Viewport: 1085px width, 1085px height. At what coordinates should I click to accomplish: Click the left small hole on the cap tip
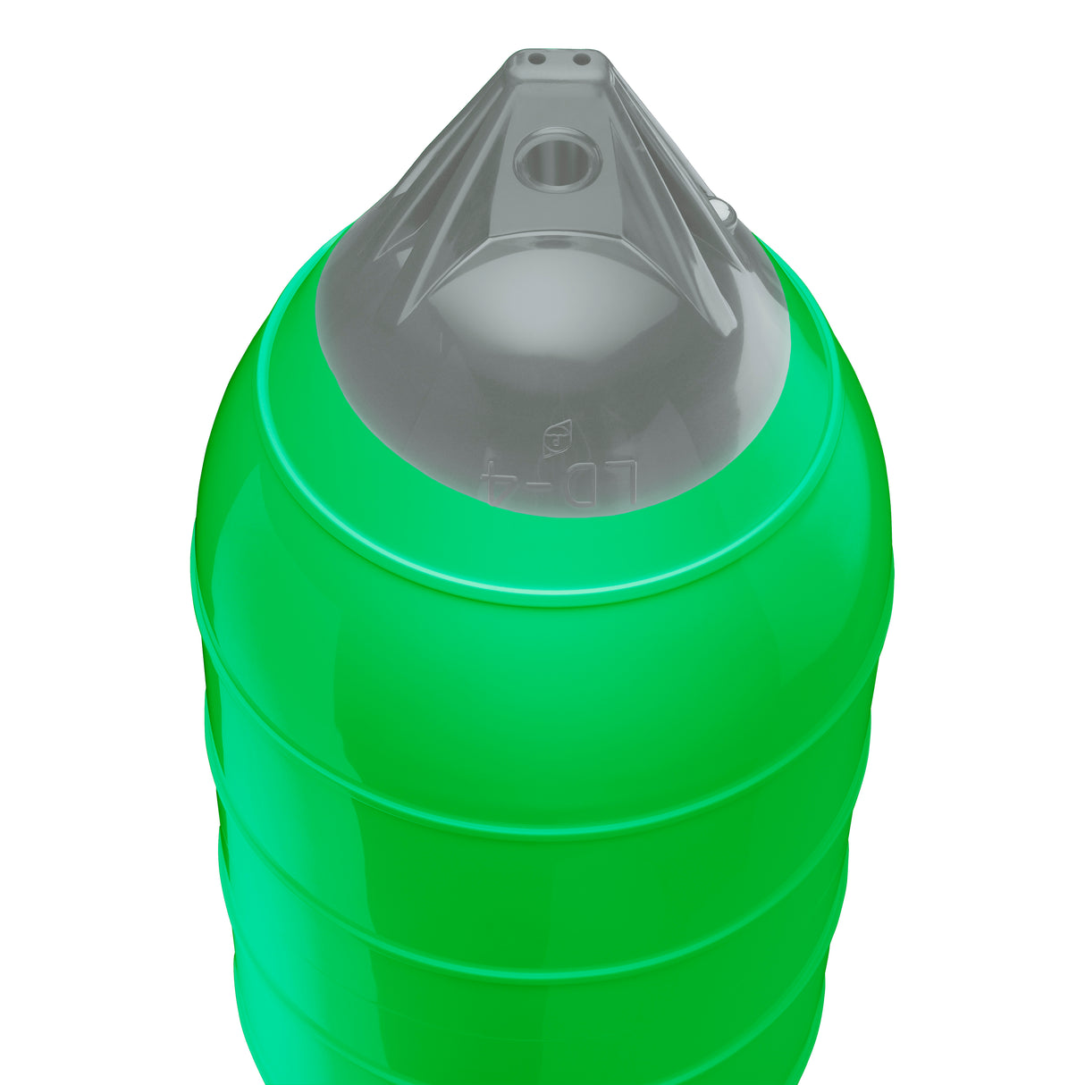coord(537,59)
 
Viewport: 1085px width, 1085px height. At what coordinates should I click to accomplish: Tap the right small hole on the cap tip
coord(581,60)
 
